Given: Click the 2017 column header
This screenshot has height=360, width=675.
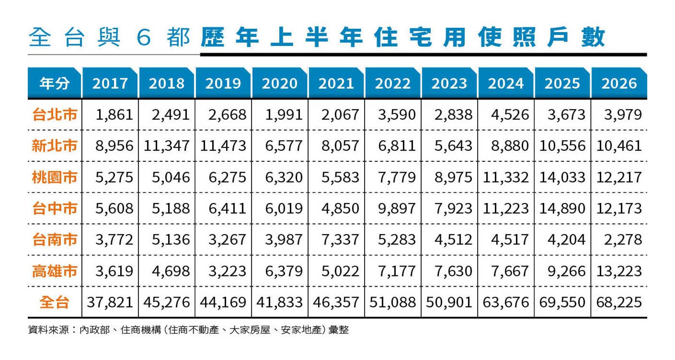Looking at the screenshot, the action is click(x=110, y=83).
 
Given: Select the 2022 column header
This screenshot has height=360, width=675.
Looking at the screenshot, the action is click(x=393, y=83).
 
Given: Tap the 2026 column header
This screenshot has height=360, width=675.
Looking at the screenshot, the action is click(x=619, y=83).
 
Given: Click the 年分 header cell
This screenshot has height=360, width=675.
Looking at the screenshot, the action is click(x=54, y=83).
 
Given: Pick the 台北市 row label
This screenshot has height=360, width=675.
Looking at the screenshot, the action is click(x=54, y=115).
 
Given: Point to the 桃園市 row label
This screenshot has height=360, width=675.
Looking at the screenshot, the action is click(x=54, y=177).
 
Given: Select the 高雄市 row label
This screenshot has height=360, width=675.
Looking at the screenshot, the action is click(x=54, y=271).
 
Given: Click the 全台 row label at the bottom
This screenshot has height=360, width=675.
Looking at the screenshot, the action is click(x=54, y=302).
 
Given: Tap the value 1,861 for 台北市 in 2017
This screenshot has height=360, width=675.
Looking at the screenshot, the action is click(x=114, y=115).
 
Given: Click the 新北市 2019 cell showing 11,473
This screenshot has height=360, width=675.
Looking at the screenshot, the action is click(x=223, y=146).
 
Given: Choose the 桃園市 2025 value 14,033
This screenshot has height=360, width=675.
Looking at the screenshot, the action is click(x=562, y=177).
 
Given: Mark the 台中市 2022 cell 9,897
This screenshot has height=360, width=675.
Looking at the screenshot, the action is click(x=397, y=208).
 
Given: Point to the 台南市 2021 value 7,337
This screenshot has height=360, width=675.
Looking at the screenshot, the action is click(x=340, y=240).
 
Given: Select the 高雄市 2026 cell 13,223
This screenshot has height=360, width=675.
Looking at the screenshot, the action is click(x=619, y=271).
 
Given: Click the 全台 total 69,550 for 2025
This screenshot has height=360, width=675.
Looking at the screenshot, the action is click(x=562, y=302).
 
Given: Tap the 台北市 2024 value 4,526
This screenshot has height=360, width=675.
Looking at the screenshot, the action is click(x=510, y=115).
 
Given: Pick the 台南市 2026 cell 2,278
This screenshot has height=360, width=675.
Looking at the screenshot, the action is click(x=623, y=240).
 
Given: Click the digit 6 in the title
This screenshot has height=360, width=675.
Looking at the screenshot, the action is click(x=143, y=38).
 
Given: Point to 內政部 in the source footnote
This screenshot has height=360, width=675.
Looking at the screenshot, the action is click(x=94, y=330).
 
